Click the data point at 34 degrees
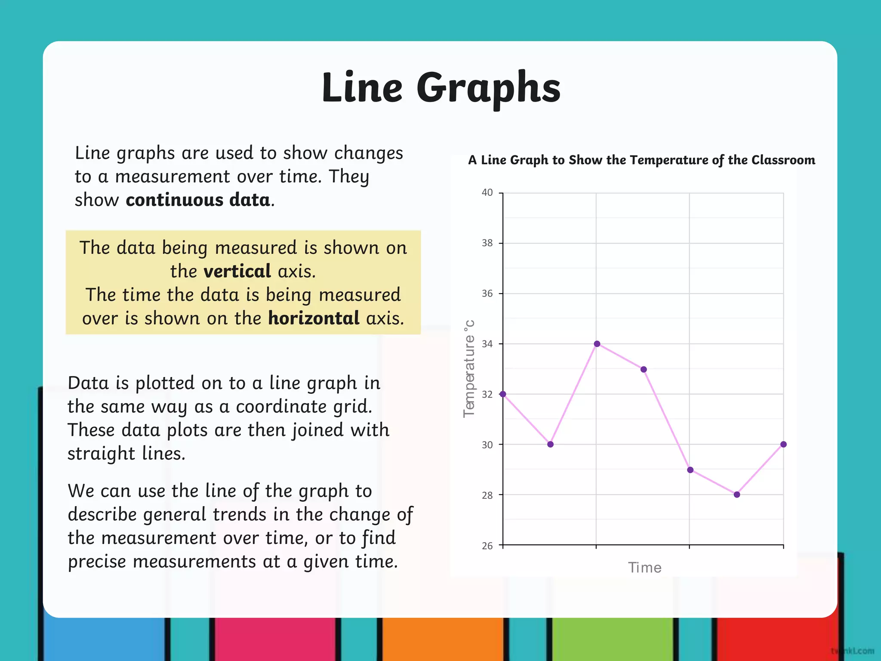[597, 344]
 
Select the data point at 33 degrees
[644, 369]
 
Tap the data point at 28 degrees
[737, 494]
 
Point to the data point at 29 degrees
[690, 470]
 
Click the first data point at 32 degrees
[503, 394]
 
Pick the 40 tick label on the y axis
[487, 193]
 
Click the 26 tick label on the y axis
[487, 546]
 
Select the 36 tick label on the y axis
[487, 293]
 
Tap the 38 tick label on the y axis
[487, 243]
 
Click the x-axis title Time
[644, 568]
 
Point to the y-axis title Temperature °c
[469, 369]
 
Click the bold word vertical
[237, 272]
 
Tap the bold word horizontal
[314, 318]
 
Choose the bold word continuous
[174, 200]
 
